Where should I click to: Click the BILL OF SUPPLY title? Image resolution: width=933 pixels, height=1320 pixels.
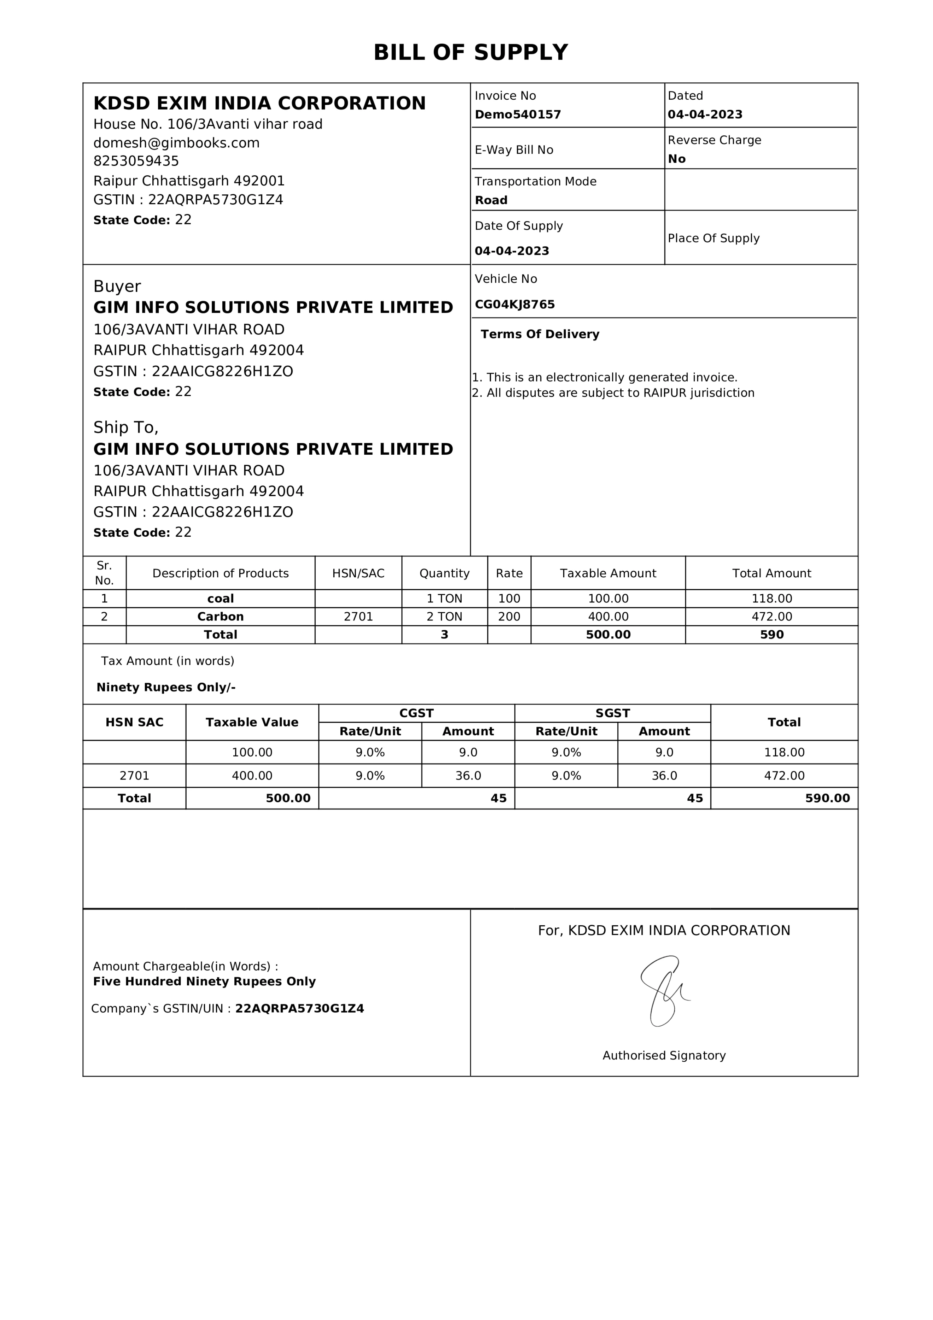pos(470,52)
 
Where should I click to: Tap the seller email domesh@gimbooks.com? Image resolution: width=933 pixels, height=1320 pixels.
pos(176,143)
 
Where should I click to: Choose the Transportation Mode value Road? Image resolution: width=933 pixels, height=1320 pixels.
pos(491,200)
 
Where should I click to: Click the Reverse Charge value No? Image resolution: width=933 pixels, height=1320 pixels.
pos(676,159)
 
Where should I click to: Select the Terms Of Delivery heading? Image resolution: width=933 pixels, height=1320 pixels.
pos(540,334)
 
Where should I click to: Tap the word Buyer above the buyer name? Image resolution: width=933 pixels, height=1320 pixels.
pos(117,286)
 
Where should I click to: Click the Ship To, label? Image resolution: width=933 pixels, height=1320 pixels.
pos(125,427)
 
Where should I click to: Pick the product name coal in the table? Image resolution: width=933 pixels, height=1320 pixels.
pos(220,599)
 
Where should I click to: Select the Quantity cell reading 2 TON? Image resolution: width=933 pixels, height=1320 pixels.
pos(444,616)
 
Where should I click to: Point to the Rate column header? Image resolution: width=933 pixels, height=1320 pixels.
pos(509,573)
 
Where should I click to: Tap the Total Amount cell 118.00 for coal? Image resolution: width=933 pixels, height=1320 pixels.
pos(771,599)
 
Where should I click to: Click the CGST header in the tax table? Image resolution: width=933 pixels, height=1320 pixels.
pos(416,713)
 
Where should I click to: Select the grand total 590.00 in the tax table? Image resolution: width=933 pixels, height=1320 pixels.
pos(827,798)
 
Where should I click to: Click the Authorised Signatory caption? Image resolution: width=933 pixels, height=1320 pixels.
pos(664,1055)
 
